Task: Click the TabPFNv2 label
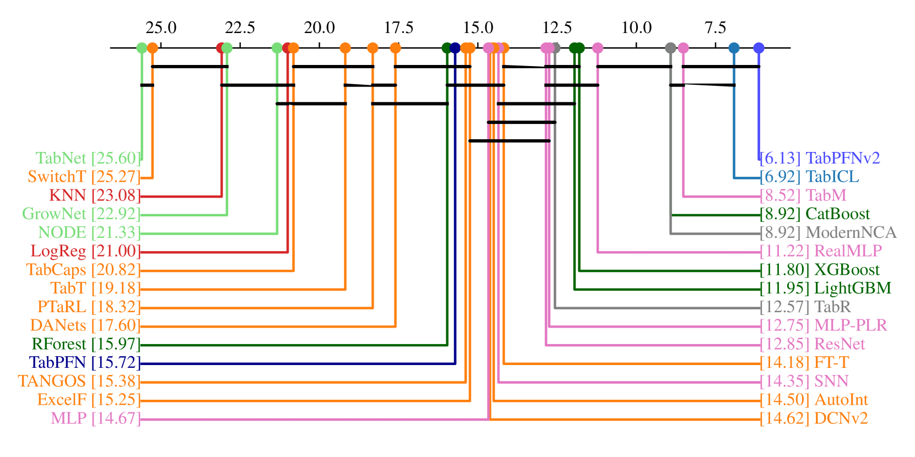[820, 159]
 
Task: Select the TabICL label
[809, 177]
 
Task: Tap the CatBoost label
[815, 214]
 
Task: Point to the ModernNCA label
[828, 233]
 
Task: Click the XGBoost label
[820, 270]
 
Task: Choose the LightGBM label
[825, 289]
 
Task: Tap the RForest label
[86, 345]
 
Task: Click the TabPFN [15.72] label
[85, 363]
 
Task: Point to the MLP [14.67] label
[95, 419]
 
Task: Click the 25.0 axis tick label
[161, 28]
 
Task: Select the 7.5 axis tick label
[716, 28]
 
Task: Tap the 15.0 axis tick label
[478, 28]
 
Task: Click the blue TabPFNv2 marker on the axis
[759, 48]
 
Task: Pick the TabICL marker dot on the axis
[734, 48]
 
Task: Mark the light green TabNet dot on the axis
[142, 48]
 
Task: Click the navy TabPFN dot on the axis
[455, 48]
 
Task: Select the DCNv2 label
[814, 419]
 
